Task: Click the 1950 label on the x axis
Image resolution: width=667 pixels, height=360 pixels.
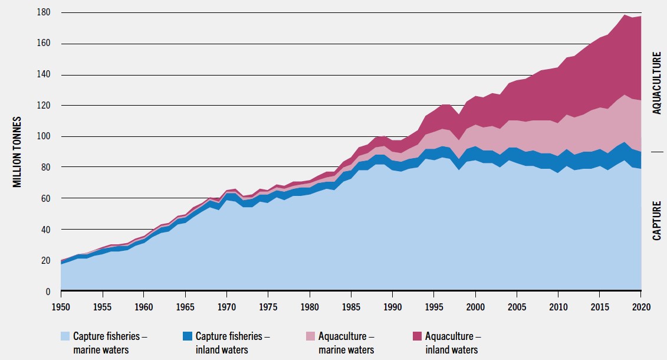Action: [61, 307]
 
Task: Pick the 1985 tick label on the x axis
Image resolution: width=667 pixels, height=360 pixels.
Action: [351, 307]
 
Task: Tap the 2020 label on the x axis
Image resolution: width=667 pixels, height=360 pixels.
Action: [640, 307]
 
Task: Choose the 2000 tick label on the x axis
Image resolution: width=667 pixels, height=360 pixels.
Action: [475, 307]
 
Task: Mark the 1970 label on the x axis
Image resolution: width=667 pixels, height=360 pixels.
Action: [226, 307]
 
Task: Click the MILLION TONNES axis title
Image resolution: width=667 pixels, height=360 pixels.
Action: [18, 152]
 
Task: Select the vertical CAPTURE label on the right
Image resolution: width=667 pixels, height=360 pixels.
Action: [656, 220]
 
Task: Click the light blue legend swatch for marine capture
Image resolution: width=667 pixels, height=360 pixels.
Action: [65, 336]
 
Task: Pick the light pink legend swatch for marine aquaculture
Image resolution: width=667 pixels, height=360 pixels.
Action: [311, 336]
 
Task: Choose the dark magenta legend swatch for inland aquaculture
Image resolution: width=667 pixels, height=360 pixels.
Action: [418, 336]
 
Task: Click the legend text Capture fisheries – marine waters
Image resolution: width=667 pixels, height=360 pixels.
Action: [110, 343]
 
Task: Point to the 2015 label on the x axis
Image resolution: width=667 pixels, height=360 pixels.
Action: [599, 307]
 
